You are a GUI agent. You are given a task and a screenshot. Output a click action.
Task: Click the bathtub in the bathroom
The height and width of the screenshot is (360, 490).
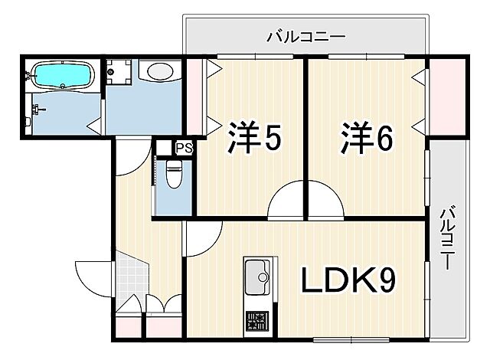tap(64, 76)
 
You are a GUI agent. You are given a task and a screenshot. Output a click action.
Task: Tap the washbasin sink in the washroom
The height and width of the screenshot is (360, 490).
tap(160, 73)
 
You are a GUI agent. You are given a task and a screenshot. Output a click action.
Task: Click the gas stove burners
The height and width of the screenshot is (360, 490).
tap(256, 319)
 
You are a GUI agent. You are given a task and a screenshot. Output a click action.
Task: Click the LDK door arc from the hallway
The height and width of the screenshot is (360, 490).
tap(201, 237)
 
